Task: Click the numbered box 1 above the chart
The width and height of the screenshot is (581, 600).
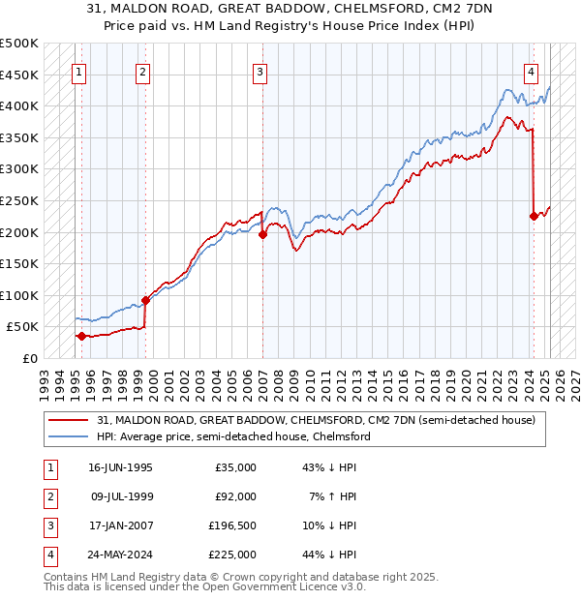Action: coord(77,71)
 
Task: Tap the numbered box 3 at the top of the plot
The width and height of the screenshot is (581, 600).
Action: coord(260,71)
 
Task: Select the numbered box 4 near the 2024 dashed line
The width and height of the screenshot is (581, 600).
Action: coord(532,71)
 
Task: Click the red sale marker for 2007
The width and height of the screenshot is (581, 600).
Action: coord(263,233)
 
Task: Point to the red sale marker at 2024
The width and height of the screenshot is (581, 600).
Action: coord(534,216)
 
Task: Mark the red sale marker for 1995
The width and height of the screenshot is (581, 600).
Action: coord(81,336)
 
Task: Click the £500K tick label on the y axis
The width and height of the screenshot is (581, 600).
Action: coord(19,44)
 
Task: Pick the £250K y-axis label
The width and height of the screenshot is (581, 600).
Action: coord(19,200)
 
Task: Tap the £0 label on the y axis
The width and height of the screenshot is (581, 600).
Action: coord(29,358)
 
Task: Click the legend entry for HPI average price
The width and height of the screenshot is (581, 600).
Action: coord(233,436)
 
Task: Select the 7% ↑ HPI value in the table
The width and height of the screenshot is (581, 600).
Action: coord(334,496)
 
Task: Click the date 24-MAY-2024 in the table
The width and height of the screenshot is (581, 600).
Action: coord(120,555)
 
